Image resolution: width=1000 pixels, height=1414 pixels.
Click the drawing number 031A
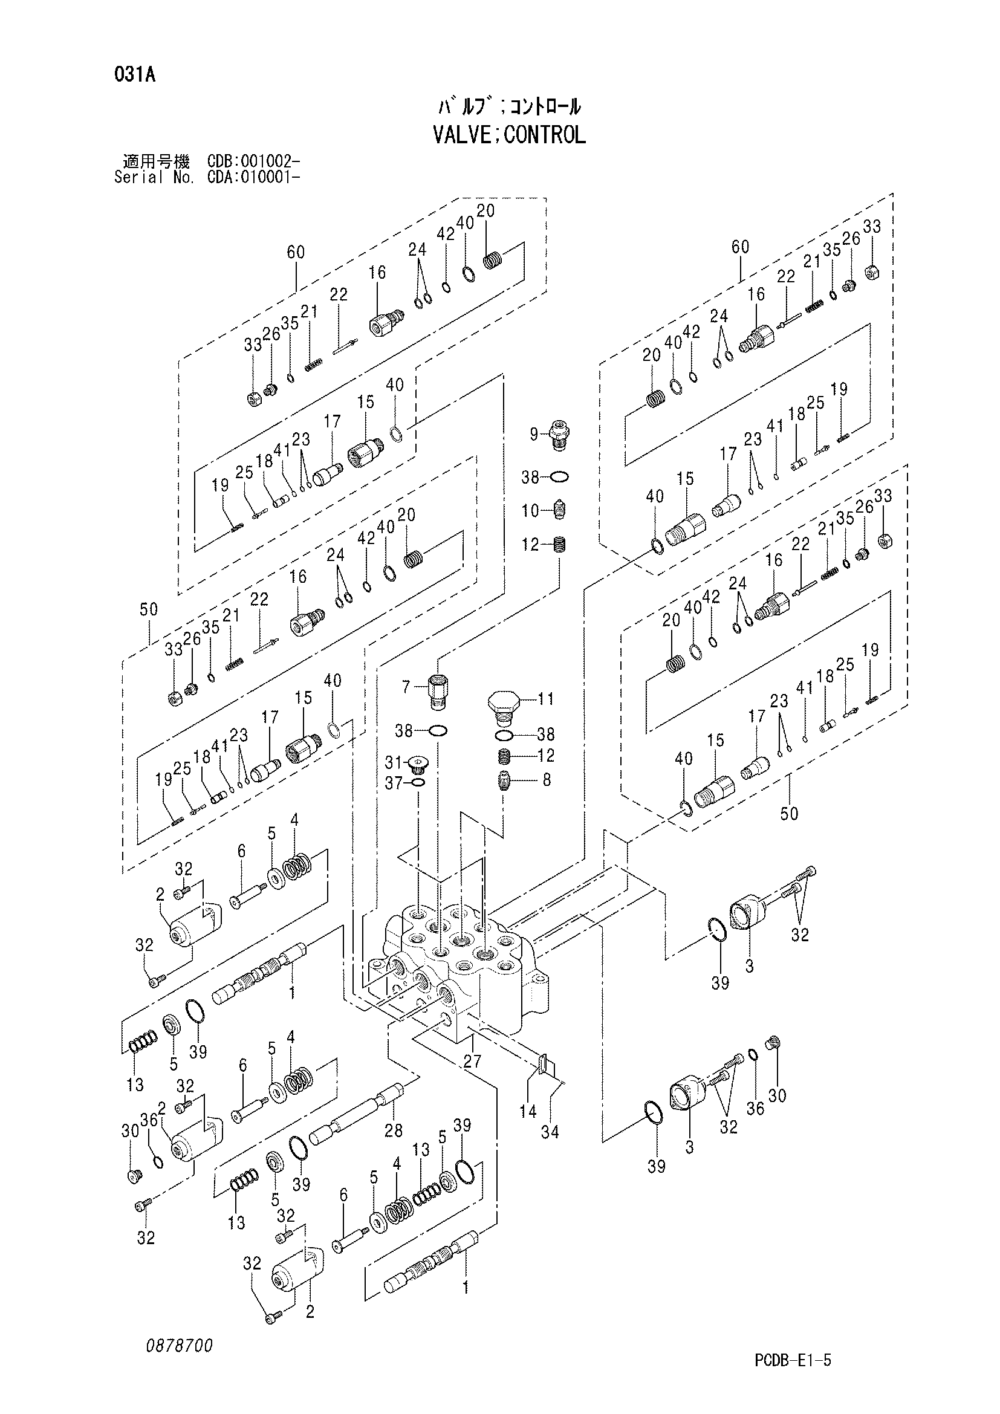[134, 75]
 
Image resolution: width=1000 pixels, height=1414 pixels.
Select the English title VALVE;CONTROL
[509, 134]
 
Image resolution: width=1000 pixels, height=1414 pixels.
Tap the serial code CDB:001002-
[254, 162]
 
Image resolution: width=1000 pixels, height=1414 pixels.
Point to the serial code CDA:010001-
[254, 177]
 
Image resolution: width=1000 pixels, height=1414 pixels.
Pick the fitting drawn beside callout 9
[559, 435]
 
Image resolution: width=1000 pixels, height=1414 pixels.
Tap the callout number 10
[530, 511]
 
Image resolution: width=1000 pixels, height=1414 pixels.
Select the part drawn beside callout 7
[438, 690]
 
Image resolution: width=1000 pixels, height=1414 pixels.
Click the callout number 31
[393, 763]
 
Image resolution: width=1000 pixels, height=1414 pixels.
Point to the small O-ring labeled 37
[418, 783]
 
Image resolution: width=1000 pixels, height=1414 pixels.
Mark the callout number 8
[547, 780]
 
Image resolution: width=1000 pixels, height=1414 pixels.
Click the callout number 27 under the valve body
[472, 1061]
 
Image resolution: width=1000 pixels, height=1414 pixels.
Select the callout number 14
[528, 1111]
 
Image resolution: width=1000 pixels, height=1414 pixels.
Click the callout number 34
[550, 1132]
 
